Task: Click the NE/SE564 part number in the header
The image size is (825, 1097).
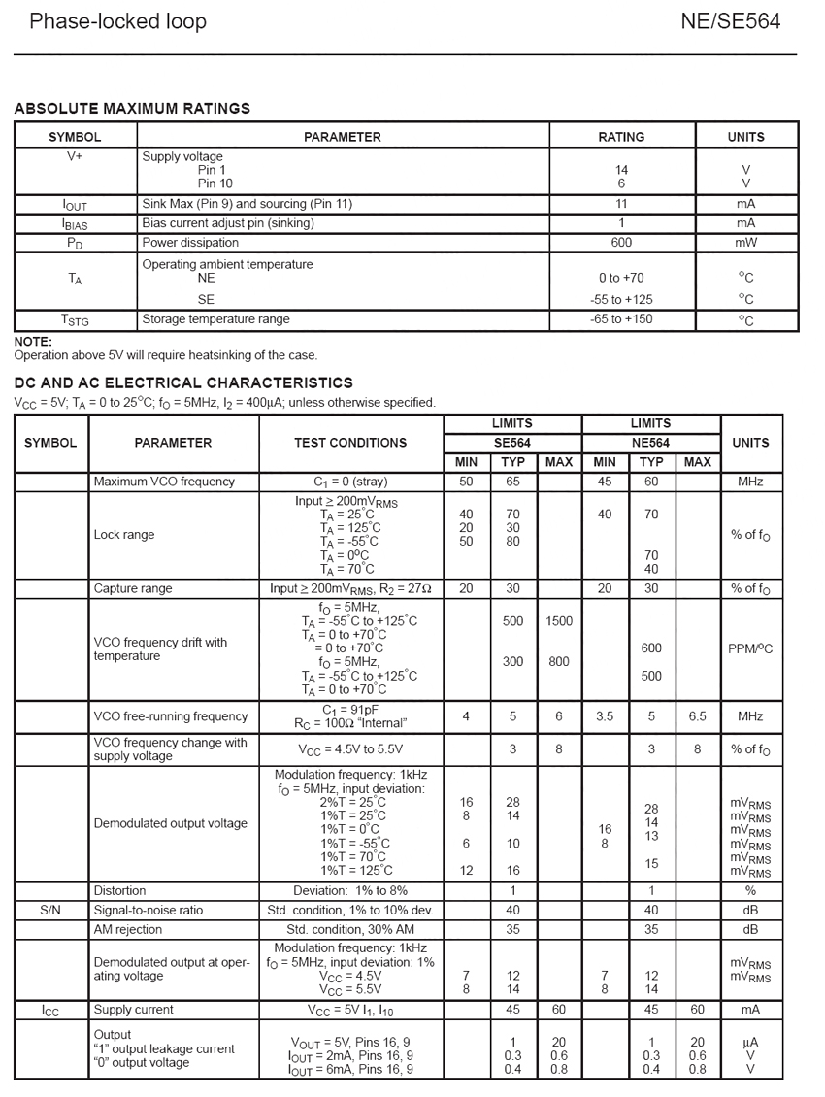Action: tap(730, 21)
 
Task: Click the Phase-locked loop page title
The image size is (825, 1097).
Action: tap(117, 21)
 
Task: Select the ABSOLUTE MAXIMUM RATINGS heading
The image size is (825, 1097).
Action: tap(132, 109)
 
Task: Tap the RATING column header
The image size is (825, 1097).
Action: tap(621, 137)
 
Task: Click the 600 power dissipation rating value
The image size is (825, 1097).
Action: tap(621, 243)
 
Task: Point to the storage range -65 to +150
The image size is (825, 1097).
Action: tap(621, 319)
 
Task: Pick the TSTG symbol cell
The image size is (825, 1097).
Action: tap(75, 320)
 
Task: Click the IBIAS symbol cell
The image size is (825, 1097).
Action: tap(75, 223)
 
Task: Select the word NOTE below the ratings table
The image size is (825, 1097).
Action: tap(33, 342)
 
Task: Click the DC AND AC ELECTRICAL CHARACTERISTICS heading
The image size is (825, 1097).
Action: tap(183, 383)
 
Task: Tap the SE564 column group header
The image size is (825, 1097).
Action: tap(511, 443)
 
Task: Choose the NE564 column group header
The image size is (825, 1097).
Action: tap(650, 443)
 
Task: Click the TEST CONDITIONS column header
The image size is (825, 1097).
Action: tap(350, 443)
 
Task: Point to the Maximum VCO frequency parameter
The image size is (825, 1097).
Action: tap(164, 482)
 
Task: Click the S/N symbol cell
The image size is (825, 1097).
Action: tap(50, 910)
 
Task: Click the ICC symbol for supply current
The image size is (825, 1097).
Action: tap(50, 1011)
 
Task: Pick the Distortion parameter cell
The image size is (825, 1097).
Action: tap(120, 890)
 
